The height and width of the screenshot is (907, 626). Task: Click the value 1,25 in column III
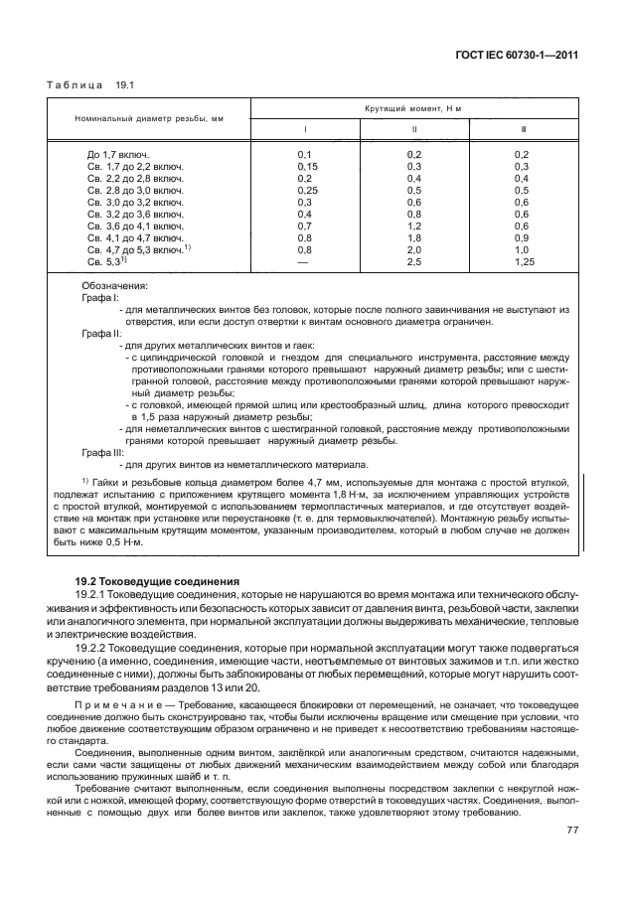524,261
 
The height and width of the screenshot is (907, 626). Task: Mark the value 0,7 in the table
305,226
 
